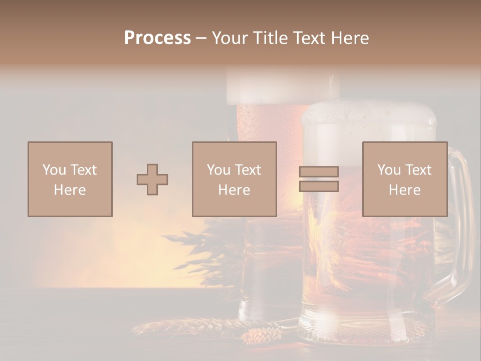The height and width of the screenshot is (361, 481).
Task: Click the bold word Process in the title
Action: tap(157, 38)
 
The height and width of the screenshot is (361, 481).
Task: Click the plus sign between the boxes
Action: tap(152, 179)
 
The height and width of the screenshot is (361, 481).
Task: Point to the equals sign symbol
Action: tap(319, 179)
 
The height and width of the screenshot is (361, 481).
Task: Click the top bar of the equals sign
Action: tap(319, 172)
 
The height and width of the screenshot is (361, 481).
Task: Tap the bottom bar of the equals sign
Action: tap(319, 186)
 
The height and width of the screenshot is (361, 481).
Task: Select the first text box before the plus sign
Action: tap(70, 179)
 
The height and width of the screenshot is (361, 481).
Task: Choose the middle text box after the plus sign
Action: tap(234, 179)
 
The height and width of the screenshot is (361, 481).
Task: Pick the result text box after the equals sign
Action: tap(404, 179)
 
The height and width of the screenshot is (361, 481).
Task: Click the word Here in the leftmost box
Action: tap(70, 190)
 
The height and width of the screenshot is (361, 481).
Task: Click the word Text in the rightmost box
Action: tap(419, 170)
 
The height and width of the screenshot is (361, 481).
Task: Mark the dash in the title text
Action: tap(201, 38)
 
